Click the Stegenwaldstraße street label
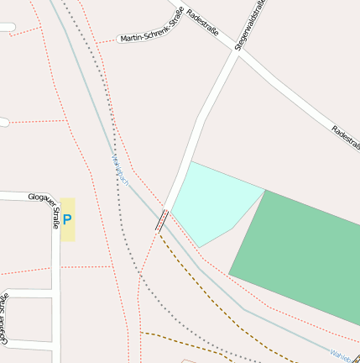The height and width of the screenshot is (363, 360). [250, 25]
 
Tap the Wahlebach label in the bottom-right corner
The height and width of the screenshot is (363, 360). [345, 356]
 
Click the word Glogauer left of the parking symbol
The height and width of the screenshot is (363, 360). [41, 197]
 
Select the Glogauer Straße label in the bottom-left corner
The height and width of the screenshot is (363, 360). [5, 319]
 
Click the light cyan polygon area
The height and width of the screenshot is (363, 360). [213, 203]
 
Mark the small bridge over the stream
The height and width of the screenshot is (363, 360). [162, 221]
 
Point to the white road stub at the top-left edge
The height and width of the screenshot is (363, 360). [7, 28]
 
